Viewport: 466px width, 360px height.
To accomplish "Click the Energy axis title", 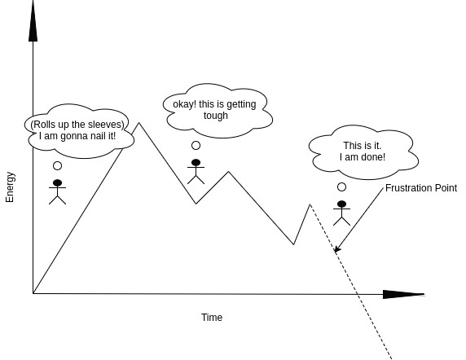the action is (x=10, y=187).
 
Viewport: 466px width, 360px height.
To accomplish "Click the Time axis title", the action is (x=212, y=317).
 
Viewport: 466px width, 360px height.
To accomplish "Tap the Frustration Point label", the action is (x=421, y=188).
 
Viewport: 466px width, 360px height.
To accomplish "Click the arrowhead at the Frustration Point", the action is (x=336, y=249).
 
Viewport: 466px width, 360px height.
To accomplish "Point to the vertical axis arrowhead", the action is (x=33, y=20).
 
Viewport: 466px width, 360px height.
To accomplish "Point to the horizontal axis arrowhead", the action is (x=403, y=294).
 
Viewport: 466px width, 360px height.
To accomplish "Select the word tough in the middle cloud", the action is (x=216, y=116).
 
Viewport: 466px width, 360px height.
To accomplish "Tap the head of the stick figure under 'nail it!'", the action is (x=57, y=183).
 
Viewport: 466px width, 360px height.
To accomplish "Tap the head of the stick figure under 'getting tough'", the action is (x=196, y=163).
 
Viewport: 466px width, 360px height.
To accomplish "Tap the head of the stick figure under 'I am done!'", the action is (x=342, y=204).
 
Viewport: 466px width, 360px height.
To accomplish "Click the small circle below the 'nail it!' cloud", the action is (x=57, y=165).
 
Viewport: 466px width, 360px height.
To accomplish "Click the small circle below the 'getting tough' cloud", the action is (x=196, y=146).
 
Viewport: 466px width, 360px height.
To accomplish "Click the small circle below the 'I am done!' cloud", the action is (x=342, y=187).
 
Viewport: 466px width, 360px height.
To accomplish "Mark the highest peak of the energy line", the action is (x=139, y=123).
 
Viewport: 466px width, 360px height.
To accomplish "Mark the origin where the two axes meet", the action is (x=33, y=293).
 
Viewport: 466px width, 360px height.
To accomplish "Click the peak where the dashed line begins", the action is (x=310, y=204).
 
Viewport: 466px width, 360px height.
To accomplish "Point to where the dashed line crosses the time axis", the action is (x=358, y=294).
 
